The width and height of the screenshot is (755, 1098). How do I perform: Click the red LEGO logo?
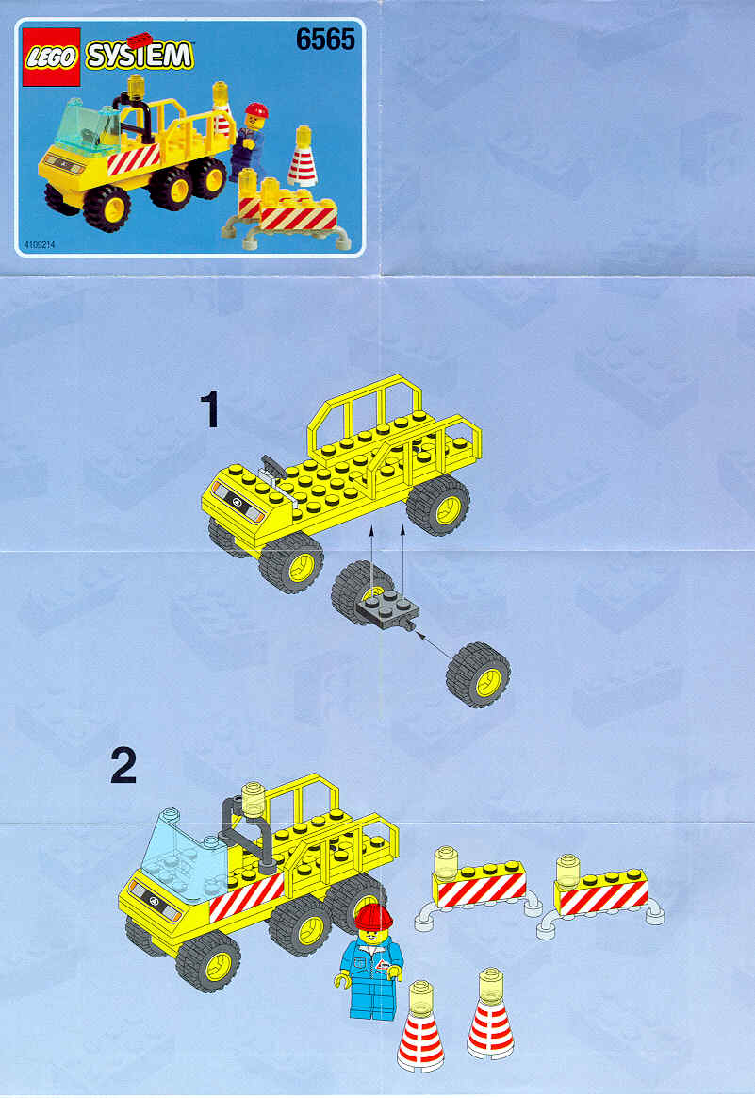(x=51, y=57)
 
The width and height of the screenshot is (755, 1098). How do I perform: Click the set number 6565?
(x=325, y=40)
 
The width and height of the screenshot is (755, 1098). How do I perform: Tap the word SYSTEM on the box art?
(x=140, y=56)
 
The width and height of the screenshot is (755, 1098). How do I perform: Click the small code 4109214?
(x=40, y=245)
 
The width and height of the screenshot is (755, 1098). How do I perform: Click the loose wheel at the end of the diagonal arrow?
(x=478, y=675)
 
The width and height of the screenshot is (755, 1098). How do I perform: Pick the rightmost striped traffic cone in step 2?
(x=490, y=1014)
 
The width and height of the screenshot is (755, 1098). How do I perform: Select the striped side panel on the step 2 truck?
(x=247, y=896)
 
